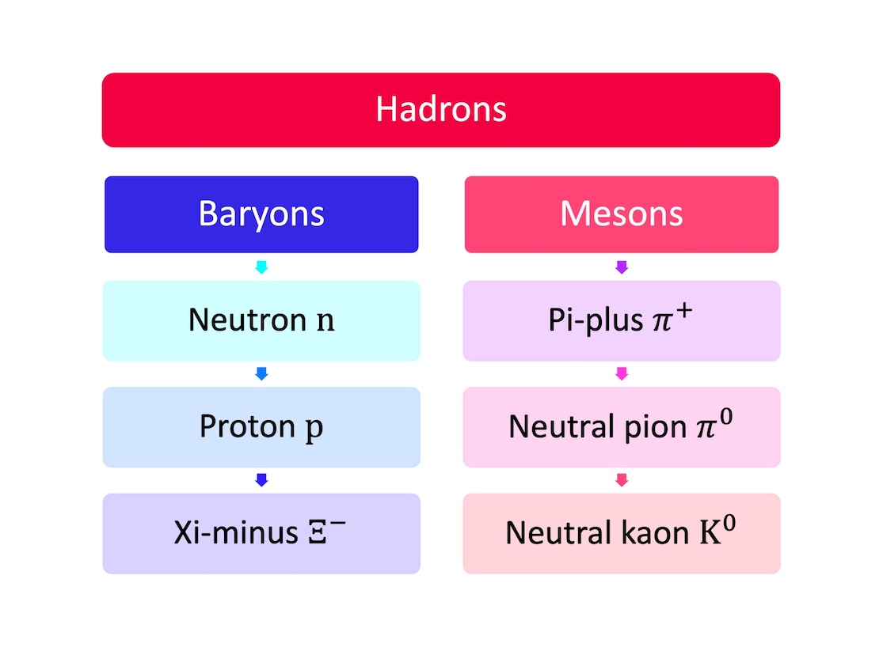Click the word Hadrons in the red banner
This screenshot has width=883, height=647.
click(440, 109)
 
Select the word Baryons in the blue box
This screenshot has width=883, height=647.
click(261, 214)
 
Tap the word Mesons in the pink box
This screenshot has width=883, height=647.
click(621, 214)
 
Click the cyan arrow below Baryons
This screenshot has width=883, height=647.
click(261, 267)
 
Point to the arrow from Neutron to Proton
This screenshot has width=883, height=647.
click(261, 373)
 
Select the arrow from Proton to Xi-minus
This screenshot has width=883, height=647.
click(261, 480)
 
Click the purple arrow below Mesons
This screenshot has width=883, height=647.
click(622, 267)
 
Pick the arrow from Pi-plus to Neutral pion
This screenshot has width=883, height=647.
click(622, 373)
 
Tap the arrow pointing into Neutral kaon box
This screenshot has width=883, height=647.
click(622, 480)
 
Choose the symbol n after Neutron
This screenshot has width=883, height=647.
click(325, 321)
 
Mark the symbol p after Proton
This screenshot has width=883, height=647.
click(314, 428)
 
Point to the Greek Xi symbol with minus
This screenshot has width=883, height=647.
click(326, 532)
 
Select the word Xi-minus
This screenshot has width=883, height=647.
click(236, 533)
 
